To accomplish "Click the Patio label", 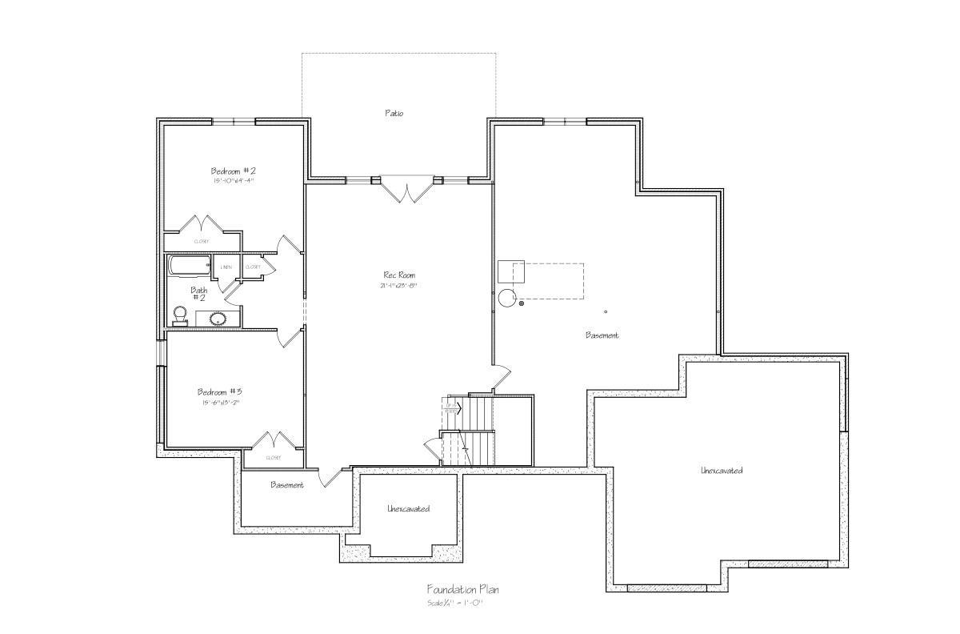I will [x=394, y=113].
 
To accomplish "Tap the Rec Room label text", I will [x=399, y=275].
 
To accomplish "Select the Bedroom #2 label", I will [x=233, y=171].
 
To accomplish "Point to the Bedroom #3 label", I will [x=220, y=391].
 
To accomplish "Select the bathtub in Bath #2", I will [x=189, y=265].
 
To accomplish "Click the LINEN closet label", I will [x=227, y=267].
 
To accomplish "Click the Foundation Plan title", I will [x=462, y=589].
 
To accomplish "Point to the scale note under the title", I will [x=454, y=602].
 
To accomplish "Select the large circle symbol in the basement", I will [x=507, y=299].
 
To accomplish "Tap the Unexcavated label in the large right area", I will [x=722, y=470].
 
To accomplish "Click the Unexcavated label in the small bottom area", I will [x=408, y=508].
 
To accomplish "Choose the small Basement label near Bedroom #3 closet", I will [x=286, y=484].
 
